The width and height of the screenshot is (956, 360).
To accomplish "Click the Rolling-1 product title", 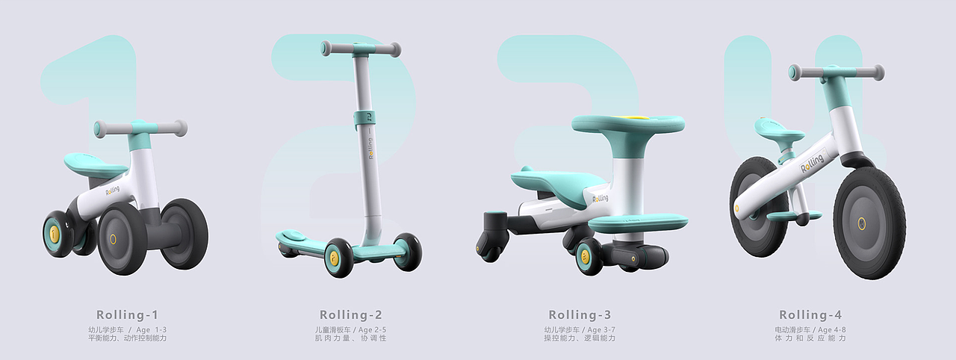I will (127, 314).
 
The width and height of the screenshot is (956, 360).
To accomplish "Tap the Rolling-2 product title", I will (350, 314).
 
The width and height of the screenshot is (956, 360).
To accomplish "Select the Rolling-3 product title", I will (580, 314).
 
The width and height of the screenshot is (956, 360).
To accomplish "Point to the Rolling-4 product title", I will (810, 314).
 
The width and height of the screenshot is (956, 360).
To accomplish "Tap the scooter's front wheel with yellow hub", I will (338, 257).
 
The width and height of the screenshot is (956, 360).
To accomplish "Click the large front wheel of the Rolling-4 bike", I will (869, 222).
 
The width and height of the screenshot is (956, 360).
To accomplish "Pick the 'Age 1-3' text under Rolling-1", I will (152, 329).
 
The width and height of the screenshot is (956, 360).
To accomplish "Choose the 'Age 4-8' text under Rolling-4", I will (830, 329).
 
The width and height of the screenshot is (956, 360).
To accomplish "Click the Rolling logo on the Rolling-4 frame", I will (812, 162).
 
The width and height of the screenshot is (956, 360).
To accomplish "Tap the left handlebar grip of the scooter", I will (326, 49).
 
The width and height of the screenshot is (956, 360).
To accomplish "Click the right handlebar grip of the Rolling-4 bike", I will (877, 72).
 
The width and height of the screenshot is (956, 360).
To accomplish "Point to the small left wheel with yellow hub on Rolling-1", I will (56, 234).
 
